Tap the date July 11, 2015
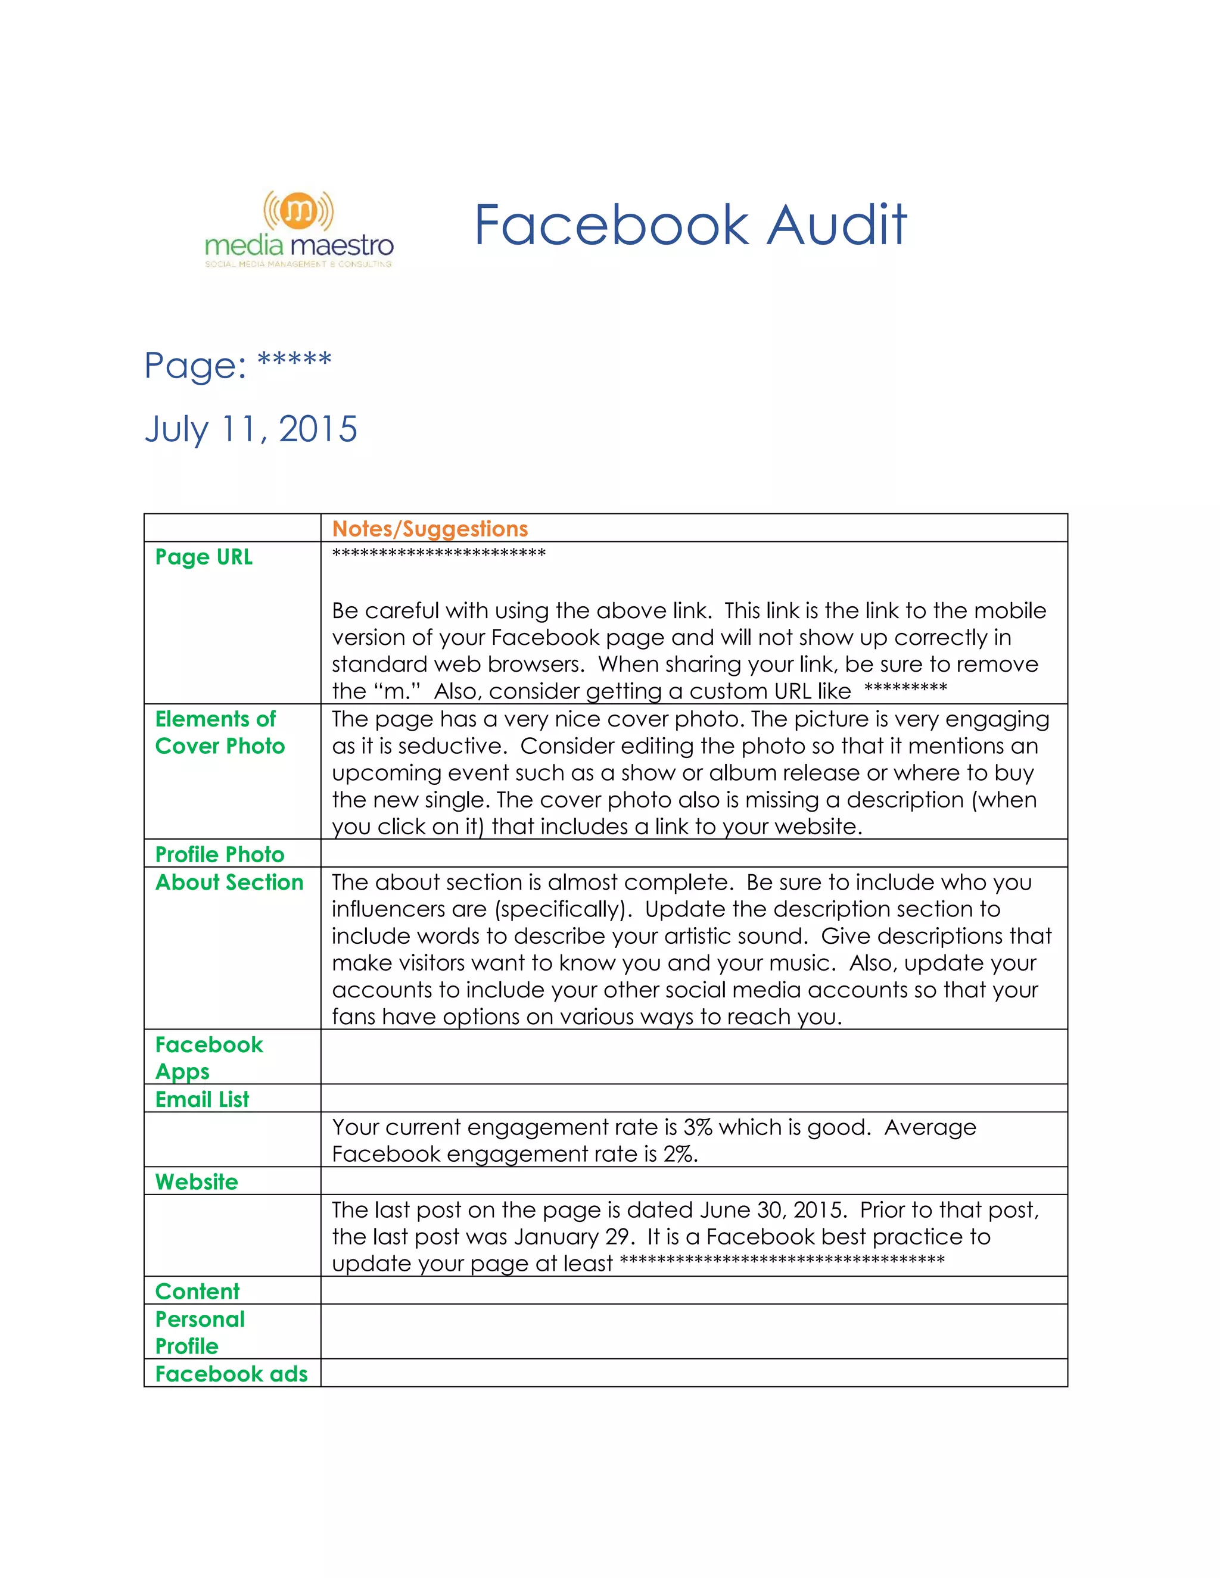tap(251, 429)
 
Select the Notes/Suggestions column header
tap(430, 529)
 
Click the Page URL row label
tap(204, 557)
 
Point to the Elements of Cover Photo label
tap(220, 732)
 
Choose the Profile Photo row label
tap(220, 854)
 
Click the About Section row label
tap(229, 882)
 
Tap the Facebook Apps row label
tap(209, 1058)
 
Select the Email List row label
tap(202, 1099)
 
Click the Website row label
tap(197, 1181)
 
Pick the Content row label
tap(197, 1291)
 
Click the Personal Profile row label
tap(200, 1332)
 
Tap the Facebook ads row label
tap(231, 1374)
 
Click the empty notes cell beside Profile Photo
tap(694, 853)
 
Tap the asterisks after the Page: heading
tap(294, 359)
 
